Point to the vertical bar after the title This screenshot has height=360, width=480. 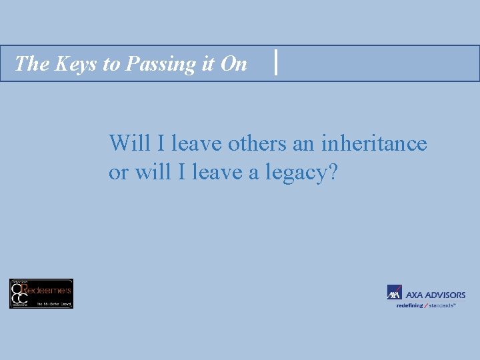[x=276, y=63]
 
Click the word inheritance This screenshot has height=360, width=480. [x=374, y=143]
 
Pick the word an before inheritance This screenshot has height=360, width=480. [x=304, y=143]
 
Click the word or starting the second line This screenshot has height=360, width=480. [x=119, y=173]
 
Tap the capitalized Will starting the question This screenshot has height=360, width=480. [x=127, y=143]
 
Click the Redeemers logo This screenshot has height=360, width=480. [x=41, y=293]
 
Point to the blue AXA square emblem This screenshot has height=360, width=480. [x=394, y=293]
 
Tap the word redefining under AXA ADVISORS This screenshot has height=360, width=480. [x=409, y=305]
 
